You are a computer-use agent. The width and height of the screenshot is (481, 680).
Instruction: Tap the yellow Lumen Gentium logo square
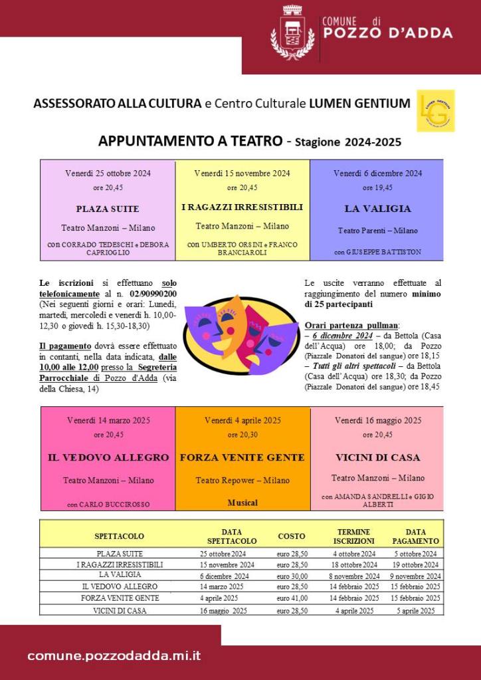point(436,110)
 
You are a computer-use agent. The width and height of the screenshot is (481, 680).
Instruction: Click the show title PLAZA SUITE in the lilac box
point(108,209)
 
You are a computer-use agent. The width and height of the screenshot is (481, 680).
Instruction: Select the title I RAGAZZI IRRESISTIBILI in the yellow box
point(242,207)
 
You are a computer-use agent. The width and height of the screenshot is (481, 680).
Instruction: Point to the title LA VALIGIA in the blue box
point(377,209)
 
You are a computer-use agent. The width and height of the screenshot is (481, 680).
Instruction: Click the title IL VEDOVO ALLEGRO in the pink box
point(108,458)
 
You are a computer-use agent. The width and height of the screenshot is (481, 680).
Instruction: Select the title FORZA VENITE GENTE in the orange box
point(242,458)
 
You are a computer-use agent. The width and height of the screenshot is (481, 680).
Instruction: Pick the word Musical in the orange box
point(242,503)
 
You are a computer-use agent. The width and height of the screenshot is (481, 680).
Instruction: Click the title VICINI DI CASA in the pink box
point(377,458)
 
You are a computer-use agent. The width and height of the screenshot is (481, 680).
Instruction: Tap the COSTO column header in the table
point(292,536)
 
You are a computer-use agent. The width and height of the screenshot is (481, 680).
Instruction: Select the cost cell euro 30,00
point(292,576)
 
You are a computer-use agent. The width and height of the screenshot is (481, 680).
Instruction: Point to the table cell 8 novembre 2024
point(355,576)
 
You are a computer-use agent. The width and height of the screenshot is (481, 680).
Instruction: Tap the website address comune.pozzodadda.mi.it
point(114,656)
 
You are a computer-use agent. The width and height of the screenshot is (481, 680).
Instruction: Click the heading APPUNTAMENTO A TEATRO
point(191,141)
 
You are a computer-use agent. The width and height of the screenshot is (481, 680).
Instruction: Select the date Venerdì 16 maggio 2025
point(377,420)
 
